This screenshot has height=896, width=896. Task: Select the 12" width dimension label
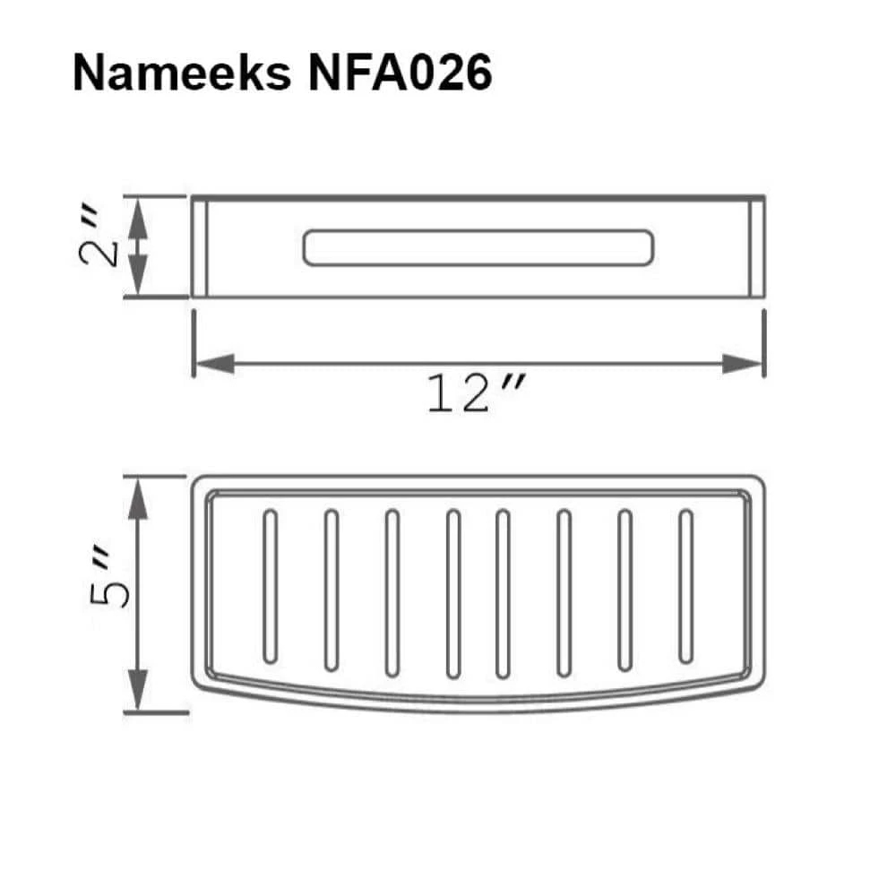tap(475, 394)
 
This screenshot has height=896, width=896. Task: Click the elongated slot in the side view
tap(478, 248)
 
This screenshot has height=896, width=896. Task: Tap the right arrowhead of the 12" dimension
tap(743, 364)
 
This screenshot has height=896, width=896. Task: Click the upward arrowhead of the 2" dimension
tap(137, 218)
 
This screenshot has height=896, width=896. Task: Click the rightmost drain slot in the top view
tap(686, 587)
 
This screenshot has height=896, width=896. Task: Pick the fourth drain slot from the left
tap(453, 591)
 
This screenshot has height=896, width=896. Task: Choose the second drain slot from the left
tap(331, 590)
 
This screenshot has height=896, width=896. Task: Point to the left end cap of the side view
tap(200, 248)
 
